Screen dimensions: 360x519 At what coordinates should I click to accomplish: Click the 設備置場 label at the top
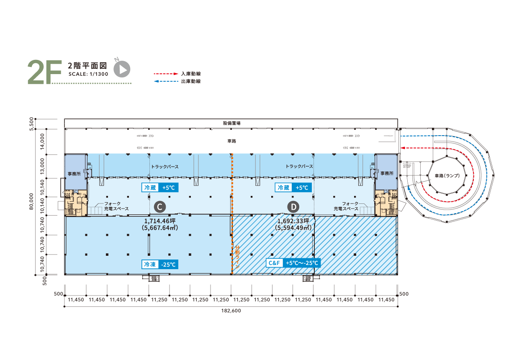click(x=231, y=123)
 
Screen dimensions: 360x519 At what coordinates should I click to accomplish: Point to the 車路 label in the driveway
click(x=231, y=141)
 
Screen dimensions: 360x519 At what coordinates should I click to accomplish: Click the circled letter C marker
click(x=159, y=206)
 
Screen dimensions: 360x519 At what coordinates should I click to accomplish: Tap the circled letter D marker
click(x=294, y=206)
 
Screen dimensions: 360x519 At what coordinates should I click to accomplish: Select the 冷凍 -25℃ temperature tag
click(x=160, y=265)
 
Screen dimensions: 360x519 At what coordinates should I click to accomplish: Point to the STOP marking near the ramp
click(x=407, y=166)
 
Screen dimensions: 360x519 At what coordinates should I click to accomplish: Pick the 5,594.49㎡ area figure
click(x=293, y=228)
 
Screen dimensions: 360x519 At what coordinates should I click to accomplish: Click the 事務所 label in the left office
click(x=75, y=173)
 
